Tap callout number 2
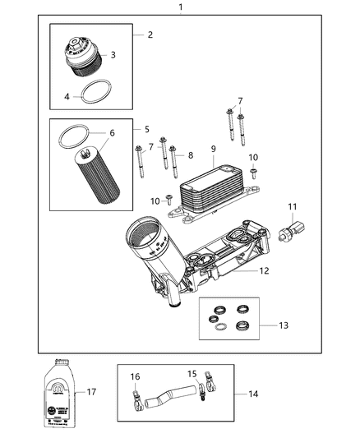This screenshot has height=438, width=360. [150, 35]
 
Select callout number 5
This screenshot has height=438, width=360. [146, 129]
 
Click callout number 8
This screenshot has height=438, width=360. [191, 154]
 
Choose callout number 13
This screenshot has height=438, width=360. [262, 325]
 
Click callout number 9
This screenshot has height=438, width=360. [213, 149]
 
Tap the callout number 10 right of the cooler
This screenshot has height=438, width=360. [253, 157]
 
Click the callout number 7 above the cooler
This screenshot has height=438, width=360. [240, 100]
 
